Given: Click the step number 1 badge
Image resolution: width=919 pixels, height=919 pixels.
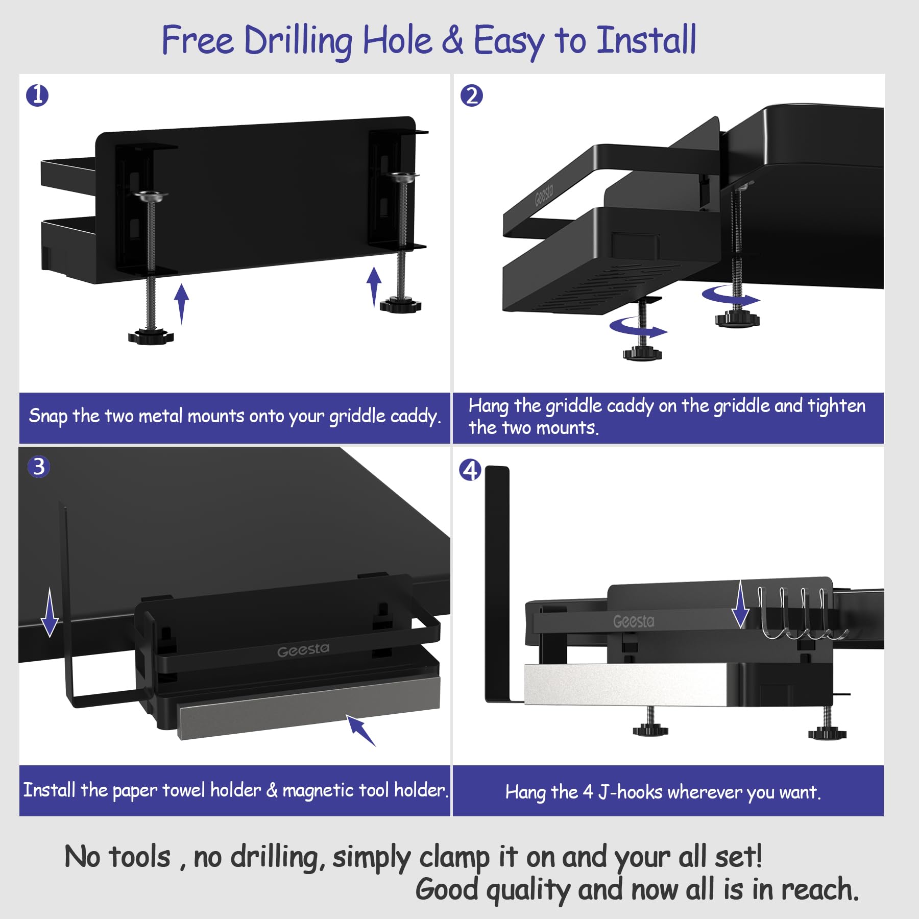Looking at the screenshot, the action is coord(37,95).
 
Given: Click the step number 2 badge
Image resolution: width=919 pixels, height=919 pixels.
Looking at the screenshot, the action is coord(471,95).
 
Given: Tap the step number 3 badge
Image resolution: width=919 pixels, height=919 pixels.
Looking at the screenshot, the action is coord(39,467).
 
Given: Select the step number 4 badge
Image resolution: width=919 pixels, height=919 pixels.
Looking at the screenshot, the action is coord(470,470).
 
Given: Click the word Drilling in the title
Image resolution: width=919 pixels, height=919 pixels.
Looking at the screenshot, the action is coord(298,41).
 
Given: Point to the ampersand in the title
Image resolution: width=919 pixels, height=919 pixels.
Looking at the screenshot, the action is coord(452,40).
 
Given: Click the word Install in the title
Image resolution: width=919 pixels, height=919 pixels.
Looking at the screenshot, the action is coord(646,40).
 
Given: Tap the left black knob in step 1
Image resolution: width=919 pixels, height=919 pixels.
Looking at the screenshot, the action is coord(151,336).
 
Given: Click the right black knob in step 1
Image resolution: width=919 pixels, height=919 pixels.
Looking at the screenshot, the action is coord(400,305).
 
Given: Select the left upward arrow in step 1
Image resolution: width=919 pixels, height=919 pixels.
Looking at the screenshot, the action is coord(181,304).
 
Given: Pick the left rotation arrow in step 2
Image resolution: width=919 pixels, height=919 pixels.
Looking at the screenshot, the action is coord(638,327).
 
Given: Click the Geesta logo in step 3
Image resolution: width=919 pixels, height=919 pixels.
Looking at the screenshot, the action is coord(303,650).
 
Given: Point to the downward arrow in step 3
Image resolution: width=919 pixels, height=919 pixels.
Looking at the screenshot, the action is coord(50,612).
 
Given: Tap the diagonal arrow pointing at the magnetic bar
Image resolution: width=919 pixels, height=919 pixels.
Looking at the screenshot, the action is coord(361,730).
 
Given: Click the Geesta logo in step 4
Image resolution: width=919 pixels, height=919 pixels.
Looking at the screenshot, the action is coord(634,621).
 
